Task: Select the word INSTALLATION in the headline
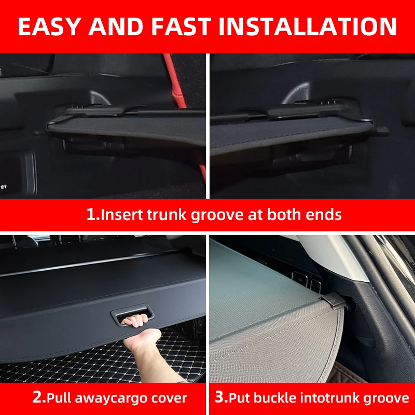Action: click(x=308, y=26)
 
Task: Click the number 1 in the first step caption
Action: click(x=91, y=214)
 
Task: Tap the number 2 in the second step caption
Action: click(x=37, y=397)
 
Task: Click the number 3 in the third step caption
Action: click(x=219, y=397)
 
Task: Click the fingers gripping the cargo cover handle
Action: click(x=135, y=321)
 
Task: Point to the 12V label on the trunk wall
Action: click(x=4, y=187)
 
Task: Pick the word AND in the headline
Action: click(x=116, y=26)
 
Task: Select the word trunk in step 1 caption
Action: click(x=167, y=214)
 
